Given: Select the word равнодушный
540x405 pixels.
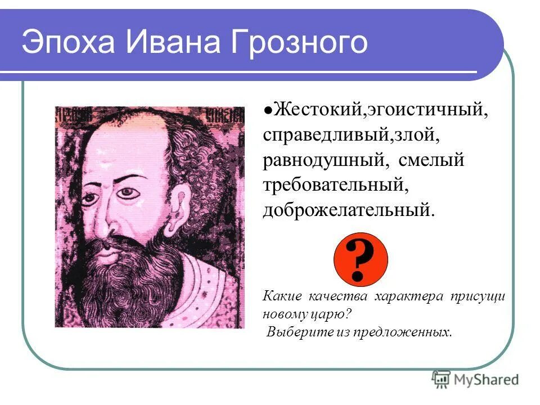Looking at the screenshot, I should click(x=324, y=161).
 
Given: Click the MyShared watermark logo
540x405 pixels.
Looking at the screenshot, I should click(x=475, y=379).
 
